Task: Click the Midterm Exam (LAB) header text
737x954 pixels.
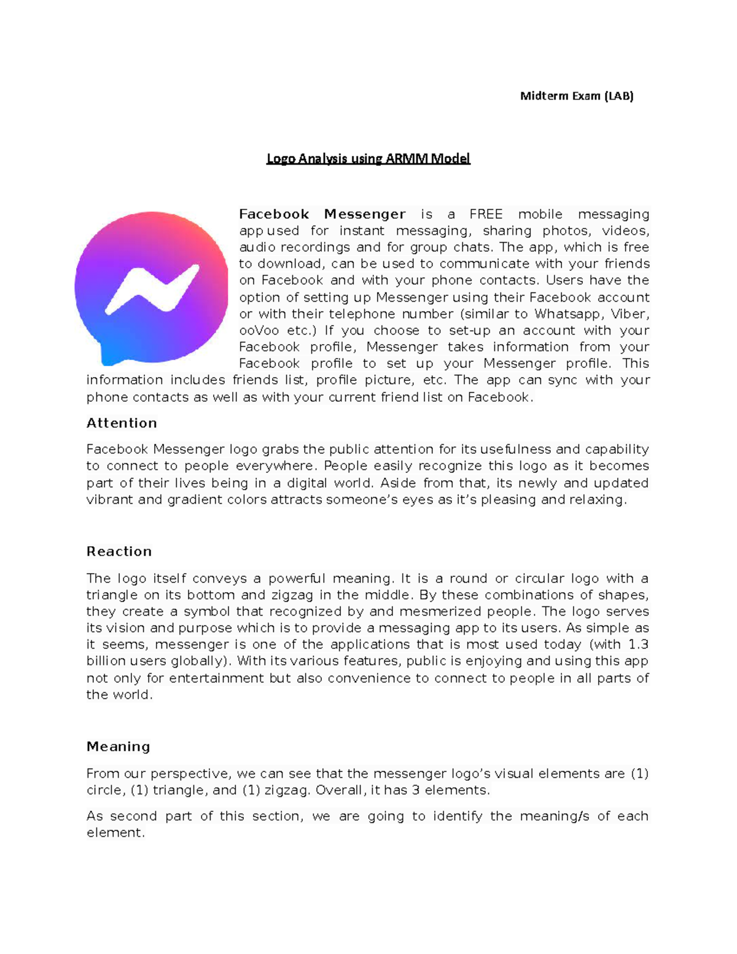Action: coord(576,96)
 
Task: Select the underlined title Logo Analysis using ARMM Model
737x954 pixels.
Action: coord(368,158)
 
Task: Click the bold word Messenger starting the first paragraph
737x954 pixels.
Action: coord(365,214)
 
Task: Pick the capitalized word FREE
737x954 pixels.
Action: coord(486,214)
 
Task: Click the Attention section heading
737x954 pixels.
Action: coord(122,423)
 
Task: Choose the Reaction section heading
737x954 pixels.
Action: coord(119,552)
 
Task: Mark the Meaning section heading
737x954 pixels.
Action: coord(119,747)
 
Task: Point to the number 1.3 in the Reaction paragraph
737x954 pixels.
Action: coord(638,645)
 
